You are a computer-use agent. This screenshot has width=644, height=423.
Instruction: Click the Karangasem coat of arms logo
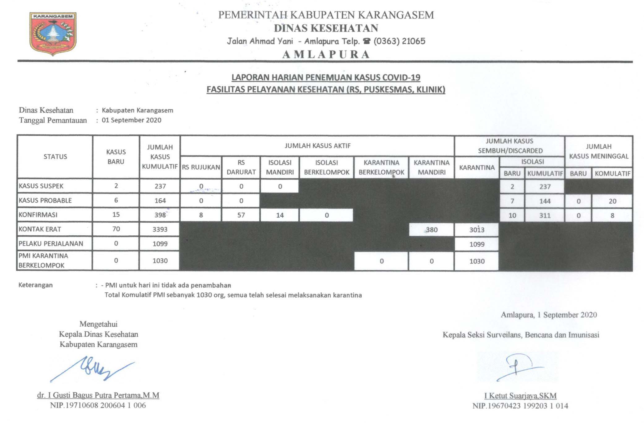point(53,33)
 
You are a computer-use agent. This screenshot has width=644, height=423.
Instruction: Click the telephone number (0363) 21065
point(399,41)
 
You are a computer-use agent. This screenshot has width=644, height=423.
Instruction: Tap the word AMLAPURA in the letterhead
point(326,55)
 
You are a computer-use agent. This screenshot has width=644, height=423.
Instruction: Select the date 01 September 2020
point(131,120)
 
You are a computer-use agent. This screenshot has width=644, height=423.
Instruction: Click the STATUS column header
point(55,157)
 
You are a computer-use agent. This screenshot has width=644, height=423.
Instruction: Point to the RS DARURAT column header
point(241,167)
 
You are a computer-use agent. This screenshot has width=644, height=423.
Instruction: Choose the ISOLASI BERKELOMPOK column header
point(327,167)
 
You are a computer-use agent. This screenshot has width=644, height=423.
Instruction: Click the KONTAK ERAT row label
point(40,229)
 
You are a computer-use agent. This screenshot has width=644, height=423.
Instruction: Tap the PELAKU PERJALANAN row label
point(51,244)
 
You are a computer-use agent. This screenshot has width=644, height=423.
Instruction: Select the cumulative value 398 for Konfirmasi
point(160,215)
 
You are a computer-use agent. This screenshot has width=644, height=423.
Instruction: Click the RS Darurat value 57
point(241,215)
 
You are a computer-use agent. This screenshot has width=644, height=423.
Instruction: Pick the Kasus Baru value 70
point(116,229)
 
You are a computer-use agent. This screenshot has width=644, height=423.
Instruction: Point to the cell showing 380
point(431,230)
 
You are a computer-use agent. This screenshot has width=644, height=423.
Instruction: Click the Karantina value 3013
point(477,230)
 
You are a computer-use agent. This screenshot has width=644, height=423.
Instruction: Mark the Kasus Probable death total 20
point(612,201)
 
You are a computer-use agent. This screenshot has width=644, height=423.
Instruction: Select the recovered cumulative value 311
point(545,216)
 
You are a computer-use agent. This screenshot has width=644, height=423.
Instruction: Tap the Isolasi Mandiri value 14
point(280,215)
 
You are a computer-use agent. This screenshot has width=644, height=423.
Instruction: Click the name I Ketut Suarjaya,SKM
point(520,396)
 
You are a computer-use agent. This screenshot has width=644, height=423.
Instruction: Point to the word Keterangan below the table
point(36,285)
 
